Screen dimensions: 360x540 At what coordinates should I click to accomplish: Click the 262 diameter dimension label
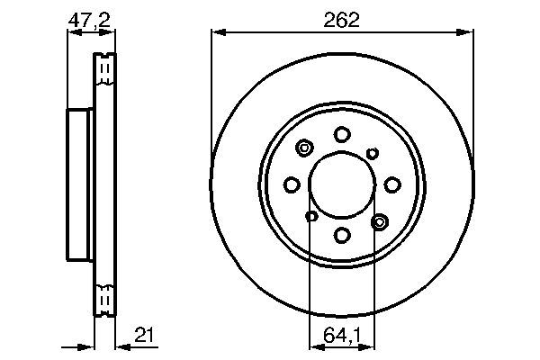tap(342, 21)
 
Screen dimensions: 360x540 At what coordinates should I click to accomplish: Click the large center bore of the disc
tap(342, 184)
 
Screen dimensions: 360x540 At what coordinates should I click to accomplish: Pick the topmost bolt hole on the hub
tap(342, 135)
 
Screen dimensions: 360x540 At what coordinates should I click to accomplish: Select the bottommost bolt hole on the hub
tap(342, 235)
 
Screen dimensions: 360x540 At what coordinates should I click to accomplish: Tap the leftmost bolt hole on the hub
tap(292, 184)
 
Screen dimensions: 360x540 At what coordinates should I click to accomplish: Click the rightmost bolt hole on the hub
tap(392, 184)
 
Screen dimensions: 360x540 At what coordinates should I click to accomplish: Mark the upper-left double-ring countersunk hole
tap(304, 148)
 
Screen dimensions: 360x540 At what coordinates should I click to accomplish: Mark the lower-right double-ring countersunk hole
tap(379, 220)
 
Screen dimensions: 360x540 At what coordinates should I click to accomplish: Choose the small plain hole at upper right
tap(373, 153)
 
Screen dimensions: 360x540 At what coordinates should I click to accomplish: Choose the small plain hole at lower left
tap(311, 216)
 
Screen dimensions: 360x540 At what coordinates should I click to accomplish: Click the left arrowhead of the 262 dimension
tap(217, 33)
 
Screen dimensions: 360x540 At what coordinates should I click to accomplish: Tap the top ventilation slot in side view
tap(105, 67)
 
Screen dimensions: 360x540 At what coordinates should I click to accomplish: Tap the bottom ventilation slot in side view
tap(105, 296)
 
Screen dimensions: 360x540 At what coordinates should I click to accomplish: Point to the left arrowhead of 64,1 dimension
tap(314, 345)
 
